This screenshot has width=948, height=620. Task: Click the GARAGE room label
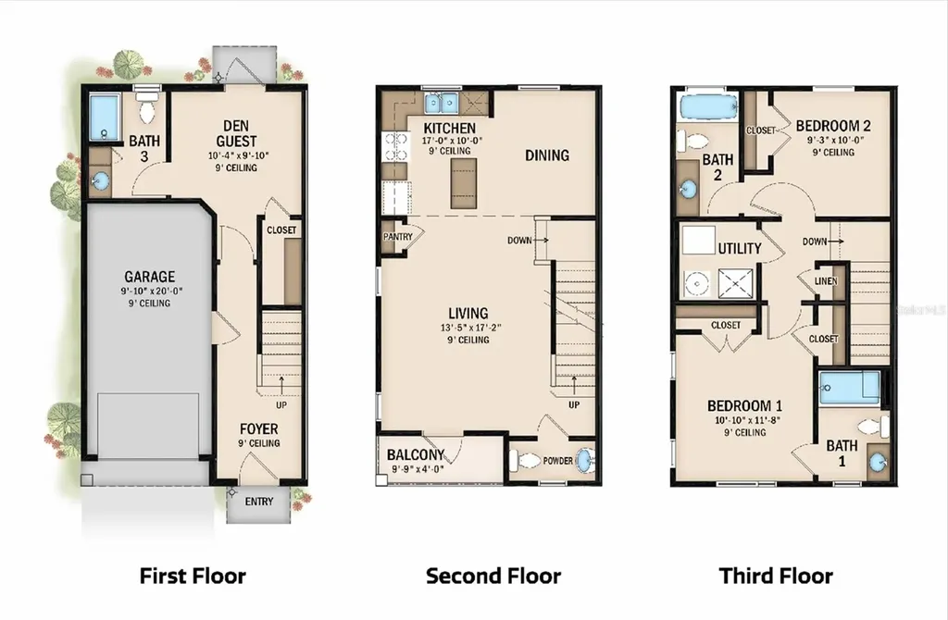[x=149, y=277]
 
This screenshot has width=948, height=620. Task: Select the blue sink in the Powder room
[x=585, y=461]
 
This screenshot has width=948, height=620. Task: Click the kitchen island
[x=463, y=183]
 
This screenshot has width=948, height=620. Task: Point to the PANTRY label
[x=397, y=237]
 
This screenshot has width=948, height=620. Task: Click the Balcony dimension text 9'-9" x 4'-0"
[x=418, y=469]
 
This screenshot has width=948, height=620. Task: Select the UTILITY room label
[x=740, y=248]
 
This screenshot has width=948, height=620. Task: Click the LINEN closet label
[x=826, y=281]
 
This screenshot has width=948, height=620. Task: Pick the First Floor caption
[x=193, y=576]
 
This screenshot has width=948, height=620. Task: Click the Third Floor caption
[x=777, y=576]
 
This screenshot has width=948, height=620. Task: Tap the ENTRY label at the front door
[x=259, y=502]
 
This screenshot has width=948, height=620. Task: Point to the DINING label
[x=547, y=155]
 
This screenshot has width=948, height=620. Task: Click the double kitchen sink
[x=441, y=104]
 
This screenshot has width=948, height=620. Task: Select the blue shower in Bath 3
[x=104, y=118]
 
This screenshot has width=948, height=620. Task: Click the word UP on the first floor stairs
[x=281, y=405]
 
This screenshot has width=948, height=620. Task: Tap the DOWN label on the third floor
[x=815, y=242]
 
